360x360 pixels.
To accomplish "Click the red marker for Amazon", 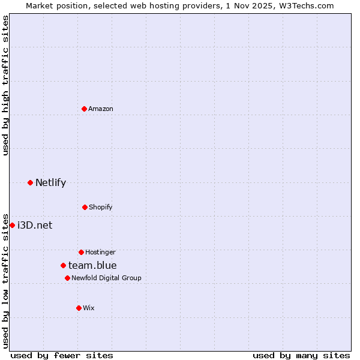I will [84, 109].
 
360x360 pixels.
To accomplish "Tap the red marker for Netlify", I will [30, 182].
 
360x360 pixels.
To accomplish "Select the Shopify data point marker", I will [85, 207].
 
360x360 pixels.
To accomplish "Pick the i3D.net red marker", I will [12, 225].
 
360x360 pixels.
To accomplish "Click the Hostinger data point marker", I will [81, 252].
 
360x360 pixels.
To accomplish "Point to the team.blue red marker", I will [63, 265].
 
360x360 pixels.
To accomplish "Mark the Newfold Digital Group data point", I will [67, 278].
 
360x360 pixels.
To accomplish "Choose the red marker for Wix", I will [79, 308].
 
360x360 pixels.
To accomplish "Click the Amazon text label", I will [101, 109].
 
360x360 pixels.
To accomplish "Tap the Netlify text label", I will [50, 182].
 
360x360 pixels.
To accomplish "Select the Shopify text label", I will [101, 207].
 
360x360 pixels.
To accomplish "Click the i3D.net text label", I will [35, 225].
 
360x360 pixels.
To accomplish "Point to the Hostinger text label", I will [100, 252].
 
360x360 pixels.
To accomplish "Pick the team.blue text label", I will [92, 265].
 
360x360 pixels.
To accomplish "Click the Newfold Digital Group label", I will [106, 278].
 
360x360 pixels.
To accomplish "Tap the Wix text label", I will [89, 308].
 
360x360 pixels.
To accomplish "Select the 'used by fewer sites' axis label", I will [62, 355].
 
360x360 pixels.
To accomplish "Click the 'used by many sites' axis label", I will [301, 355].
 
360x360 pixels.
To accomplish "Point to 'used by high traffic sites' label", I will [5, 85].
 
